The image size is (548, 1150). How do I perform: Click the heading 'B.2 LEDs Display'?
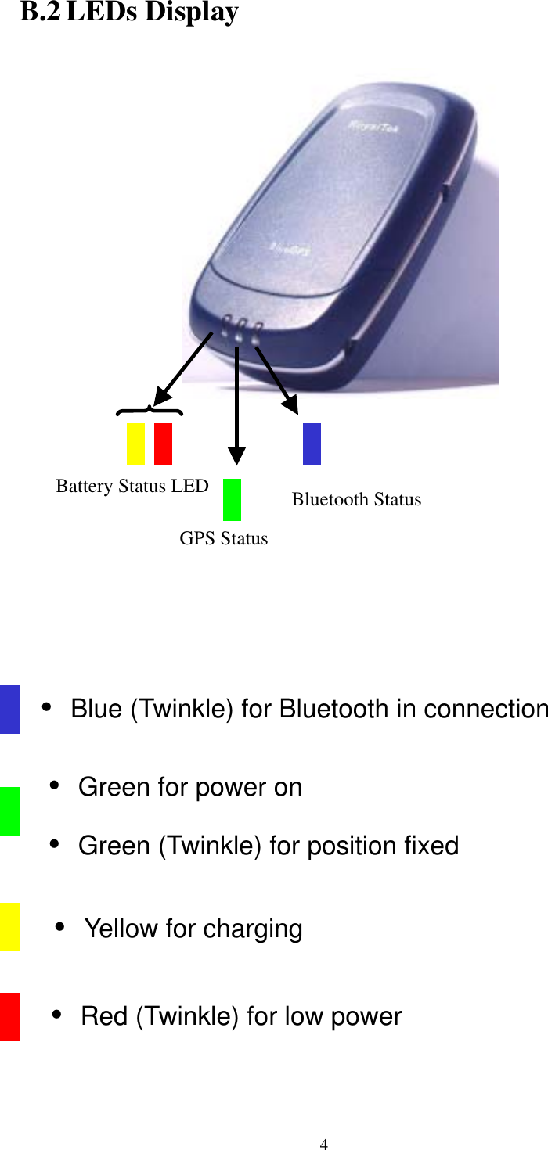tap(129, 13)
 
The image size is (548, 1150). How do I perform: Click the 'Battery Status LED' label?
tap(132, 487)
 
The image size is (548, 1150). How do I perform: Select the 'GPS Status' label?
tap(224, 538)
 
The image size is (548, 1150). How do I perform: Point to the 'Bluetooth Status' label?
tap(356, 499)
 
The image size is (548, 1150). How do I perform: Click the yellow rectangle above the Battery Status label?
tap(135, 444)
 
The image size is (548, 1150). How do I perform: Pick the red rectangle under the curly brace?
tap(163, 444)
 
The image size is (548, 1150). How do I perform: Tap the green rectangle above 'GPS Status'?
tap(232, 499)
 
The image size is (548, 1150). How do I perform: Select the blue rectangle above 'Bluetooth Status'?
tap(312, 444)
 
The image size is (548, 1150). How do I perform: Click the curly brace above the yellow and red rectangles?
tap(149, 410)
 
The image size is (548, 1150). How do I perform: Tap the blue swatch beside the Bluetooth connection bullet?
tap(9, 709)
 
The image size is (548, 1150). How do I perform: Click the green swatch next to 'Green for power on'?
tap(9, 811)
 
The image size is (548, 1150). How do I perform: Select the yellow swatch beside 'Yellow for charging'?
tap(9, 926)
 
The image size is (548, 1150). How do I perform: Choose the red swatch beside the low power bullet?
tap(9, 1016)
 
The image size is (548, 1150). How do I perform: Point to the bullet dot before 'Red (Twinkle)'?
tap(57, 1015)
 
